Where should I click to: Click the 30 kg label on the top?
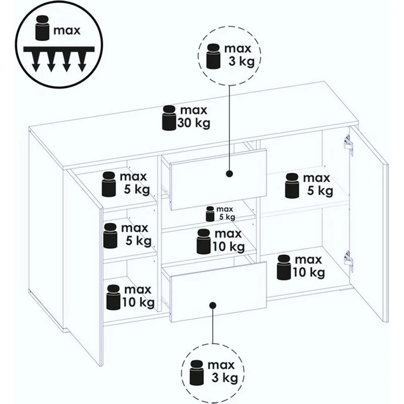[194, 122]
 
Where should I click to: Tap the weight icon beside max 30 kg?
[169, 117]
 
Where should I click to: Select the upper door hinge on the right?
[348, 145]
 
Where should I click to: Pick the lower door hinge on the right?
[348, 261]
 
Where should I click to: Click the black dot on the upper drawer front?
[229, 173]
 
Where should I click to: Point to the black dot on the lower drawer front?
[213, 305]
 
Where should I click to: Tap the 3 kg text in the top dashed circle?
[242, 61]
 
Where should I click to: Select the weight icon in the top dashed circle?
[214, 56]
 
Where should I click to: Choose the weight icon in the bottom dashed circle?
[197, 373]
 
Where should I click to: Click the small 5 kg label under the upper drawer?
[227, 217]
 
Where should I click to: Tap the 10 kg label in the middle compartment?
[228, 247]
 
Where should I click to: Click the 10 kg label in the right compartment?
[308, 272]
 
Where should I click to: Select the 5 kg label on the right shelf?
[320, 191]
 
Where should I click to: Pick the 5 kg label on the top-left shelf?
[137, 189]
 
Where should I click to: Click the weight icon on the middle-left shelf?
[110, 235]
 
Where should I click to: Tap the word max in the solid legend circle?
[67, 30]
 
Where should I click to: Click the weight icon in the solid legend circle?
[42, 28]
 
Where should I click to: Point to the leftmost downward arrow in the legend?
[36, 62]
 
